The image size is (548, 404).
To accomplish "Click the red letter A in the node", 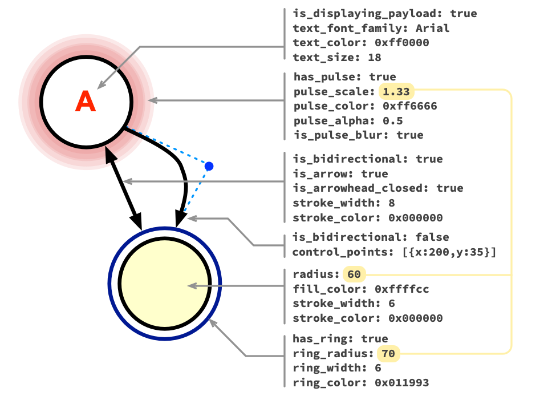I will [86, 102].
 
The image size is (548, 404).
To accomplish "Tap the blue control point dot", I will [209, 166].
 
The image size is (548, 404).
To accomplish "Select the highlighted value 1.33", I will [396, 92].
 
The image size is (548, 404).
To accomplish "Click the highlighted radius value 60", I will [354, 274].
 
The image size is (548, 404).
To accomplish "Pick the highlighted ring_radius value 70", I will [388, 354].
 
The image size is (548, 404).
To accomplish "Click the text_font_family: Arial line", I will [371, 28].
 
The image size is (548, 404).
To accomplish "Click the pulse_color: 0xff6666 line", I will [365, 106].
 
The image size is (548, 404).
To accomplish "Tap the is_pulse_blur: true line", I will [358, 135].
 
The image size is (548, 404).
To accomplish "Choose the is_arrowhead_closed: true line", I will [377, 188].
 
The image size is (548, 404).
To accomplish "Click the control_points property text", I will [393, 252].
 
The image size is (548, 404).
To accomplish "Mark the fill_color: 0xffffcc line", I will [360, 289].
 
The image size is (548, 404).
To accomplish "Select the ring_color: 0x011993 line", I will [360, 383].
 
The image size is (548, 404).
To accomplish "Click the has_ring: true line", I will [340, 339].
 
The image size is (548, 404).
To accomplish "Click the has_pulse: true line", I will [344, 77].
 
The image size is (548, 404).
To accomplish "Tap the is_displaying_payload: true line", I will [384, 14].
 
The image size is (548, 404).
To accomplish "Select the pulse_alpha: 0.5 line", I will [349, 121].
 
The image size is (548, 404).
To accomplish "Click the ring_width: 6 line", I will [336, 369].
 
